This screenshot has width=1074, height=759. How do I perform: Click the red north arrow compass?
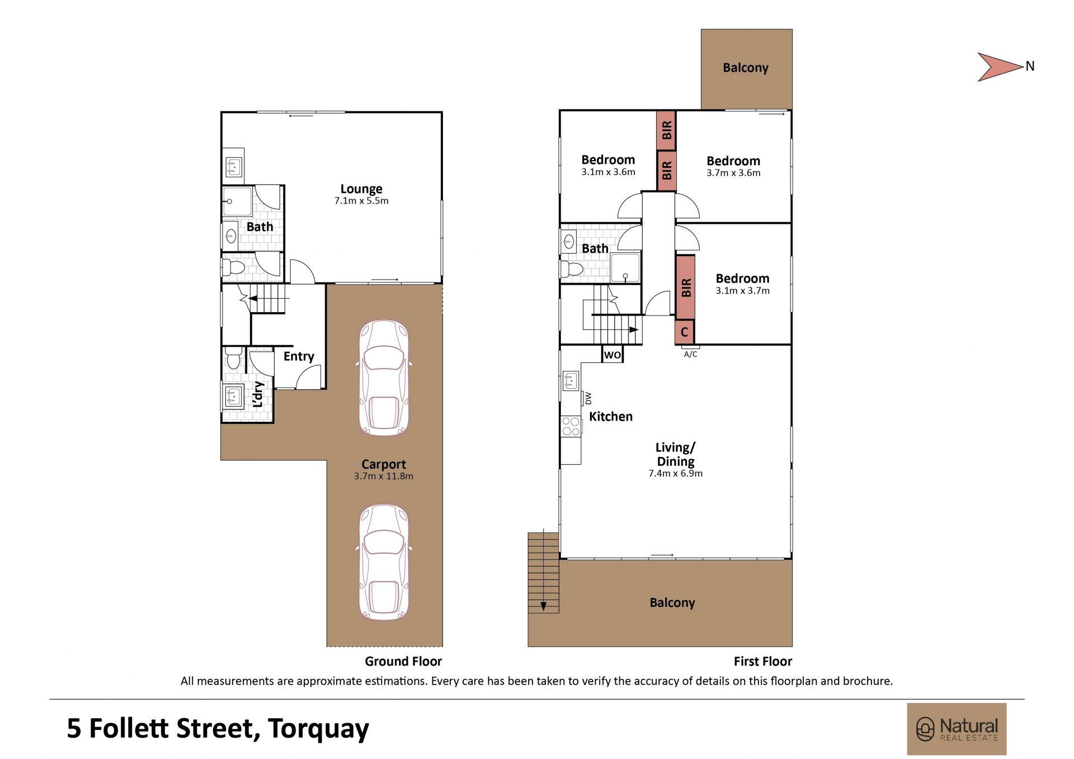point(1000,67)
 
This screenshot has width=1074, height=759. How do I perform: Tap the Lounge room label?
point(361,188)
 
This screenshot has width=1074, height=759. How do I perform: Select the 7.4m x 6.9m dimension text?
point(675,473)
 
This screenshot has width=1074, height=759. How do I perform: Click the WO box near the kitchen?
point(613,355)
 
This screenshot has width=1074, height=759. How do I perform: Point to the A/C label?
point(690,354)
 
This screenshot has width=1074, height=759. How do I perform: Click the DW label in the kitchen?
point(588,398)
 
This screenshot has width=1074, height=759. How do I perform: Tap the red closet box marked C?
point(684,332)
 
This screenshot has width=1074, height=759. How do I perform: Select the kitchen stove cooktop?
point(571,426)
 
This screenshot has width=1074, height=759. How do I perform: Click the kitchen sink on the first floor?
point(571,381)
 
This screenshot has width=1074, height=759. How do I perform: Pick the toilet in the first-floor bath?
point(572,269)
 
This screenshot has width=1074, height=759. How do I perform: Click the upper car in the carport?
point(384,378)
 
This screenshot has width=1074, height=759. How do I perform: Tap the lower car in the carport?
point(384,563)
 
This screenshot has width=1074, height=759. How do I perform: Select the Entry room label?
point(298,356)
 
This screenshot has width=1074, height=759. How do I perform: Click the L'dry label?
point(258,394)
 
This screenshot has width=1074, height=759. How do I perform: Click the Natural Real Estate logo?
point(957,729)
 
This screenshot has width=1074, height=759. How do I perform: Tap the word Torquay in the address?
point(318,729)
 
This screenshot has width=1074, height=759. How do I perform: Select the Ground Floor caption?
point(403,661)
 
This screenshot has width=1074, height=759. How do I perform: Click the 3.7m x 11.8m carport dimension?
point(384,477)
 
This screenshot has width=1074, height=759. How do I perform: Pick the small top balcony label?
point(746,68)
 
